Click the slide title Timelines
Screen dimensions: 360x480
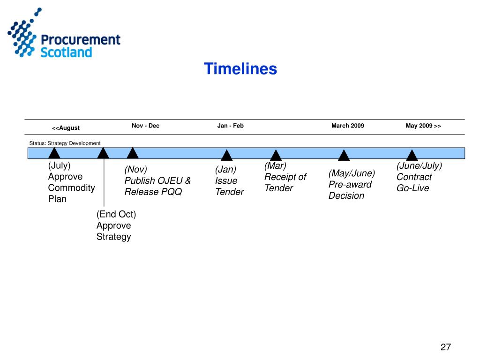coord(240,69)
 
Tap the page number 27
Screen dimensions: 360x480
coord(445,347)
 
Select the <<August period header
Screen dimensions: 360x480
coord(66,128)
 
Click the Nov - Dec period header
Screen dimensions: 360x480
coord(145,126)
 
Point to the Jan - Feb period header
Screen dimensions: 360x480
coord(230,126)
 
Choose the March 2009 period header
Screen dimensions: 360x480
coord(347,126)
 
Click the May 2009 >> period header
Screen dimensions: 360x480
coord(423,126)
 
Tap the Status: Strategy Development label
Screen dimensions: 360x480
coord(65,143)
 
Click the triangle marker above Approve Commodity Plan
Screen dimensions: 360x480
coord(54,153)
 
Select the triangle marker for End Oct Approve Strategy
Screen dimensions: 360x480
coord(103,153)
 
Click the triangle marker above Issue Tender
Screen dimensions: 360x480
coord(227,156)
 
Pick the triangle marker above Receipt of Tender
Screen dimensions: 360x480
coord(276,156)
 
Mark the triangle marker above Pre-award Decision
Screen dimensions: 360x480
coord(344,156)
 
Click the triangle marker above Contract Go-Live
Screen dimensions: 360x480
coord(412,156)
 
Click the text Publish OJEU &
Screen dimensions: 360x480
coord(157,180)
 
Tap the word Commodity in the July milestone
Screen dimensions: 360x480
coord(71,188)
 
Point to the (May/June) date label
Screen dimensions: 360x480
coord(352,173)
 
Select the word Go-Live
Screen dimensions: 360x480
coord(412,188)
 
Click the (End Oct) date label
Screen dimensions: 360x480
coord(116,214)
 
